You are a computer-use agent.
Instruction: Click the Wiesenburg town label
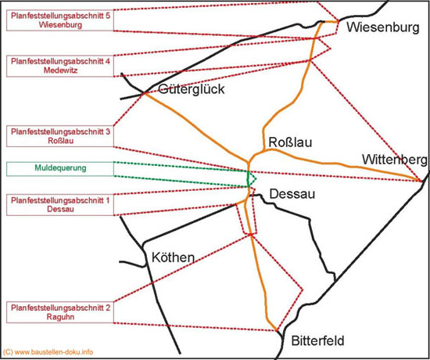(x=383, y=27)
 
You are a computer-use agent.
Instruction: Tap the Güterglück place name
(x=192, y=89)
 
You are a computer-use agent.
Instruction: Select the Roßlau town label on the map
(x=290, y=142)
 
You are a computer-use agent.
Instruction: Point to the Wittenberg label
(x=395, y=160)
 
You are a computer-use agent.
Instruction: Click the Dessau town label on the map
(x=292, y=194)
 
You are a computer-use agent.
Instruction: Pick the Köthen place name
(x=174, y=257)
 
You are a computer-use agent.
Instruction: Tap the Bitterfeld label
(x=317, y=340)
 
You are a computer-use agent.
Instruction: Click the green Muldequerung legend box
(x=60, y=169)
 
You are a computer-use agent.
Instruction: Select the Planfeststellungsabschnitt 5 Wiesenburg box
(x=60, y=20)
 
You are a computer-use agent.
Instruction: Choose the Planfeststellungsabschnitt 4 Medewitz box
(x=60, y=66)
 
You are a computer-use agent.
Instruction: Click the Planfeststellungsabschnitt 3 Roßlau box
(x=60, y=136)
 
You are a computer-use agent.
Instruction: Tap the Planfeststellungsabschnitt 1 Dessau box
(x=60, y=205)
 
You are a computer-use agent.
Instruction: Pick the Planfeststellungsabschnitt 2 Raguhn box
(x=60, y=312)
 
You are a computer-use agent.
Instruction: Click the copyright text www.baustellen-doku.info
(x=48, y=351)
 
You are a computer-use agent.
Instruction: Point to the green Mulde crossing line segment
(x=248, y=179)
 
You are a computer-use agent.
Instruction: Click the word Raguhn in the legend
(x=60, y=317)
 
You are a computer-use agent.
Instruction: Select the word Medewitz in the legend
(x=61, y=70)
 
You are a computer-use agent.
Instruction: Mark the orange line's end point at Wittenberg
(x=421, y=181)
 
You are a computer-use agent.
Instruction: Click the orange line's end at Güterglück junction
(x=144, y=93)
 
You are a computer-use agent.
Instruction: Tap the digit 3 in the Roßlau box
(x=108, y=131)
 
